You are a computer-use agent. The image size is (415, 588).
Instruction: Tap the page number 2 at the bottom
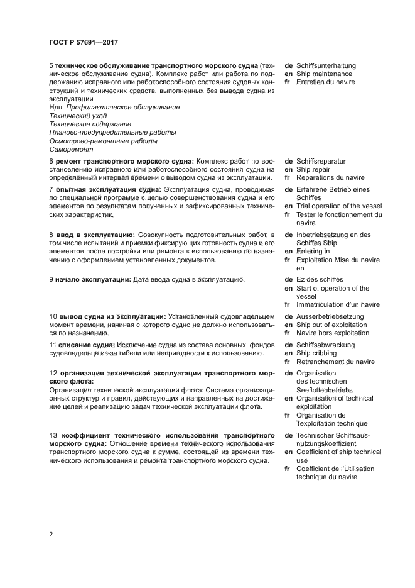51,535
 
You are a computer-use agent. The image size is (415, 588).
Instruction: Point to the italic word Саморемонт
71,150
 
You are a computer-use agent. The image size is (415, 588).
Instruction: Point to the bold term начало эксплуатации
93,279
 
